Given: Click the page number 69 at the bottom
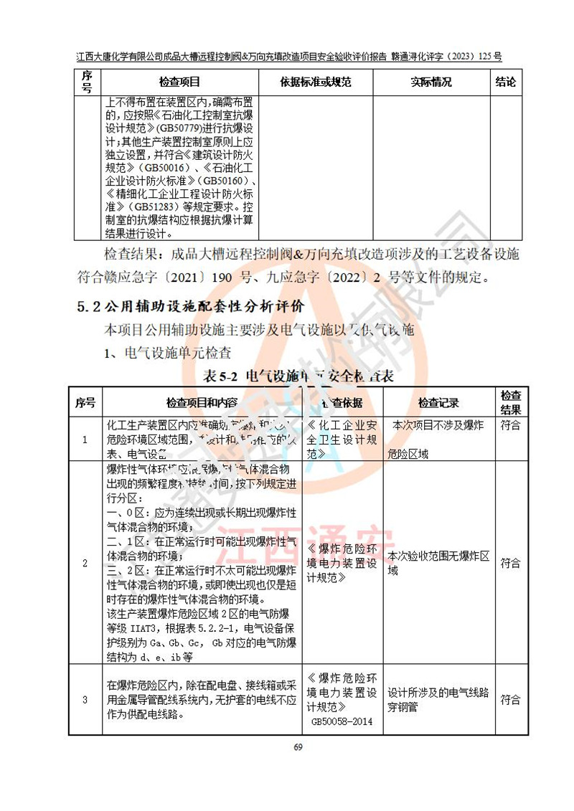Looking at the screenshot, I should coord(299,748).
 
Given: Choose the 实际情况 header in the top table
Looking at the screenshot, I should coord(431,82).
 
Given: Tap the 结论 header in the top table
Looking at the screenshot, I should coord(506,82).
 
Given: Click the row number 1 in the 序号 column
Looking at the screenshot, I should coord(85,439).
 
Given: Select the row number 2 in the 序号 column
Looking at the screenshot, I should coord(85,563).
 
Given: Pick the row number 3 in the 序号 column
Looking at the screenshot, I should coord(85,700).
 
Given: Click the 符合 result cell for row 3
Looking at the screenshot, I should coord(511,700).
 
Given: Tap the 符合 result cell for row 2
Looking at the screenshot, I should coord(511,563).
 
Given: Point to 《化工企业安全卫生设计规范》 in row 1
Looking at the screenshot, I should coord(342,439).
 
